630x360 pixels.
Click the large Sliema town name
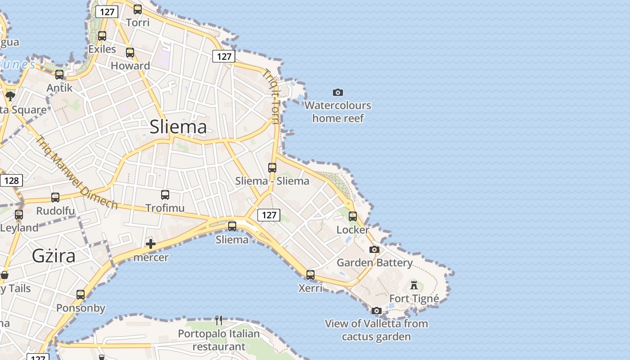coord(178,127)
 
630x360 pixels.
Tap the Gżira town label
coord(54,256)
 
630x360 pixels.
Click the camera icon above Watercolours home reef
coord(338,92)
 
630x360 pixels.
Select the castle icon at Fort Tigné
coord(414,285)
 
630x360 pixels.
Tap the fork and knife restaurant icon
coord(219,320)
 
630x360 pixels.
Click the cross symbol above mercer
coord(151,244)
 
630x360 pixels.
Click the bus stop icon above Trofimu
coord(165,195)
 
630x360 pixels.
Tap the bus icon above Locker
coord(353,216)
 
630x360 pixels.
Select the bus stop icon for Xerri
coord(310,275)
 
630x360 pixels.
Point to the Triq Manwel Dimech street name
coord(76,172)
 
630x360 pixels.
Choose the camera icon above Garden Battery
coord(374,249)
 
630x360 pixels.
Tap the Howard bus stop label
coord(130,66)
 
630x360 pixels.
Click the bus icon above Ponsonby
coord(81,295)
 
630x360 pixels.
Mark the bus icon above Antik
coord(59,75)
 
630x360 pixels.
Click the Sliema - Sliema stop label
coord(272,181)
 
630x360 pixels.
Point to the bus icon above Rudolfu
coord(55,198)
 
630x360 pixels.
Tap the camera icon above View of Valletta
coord(377,310)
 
